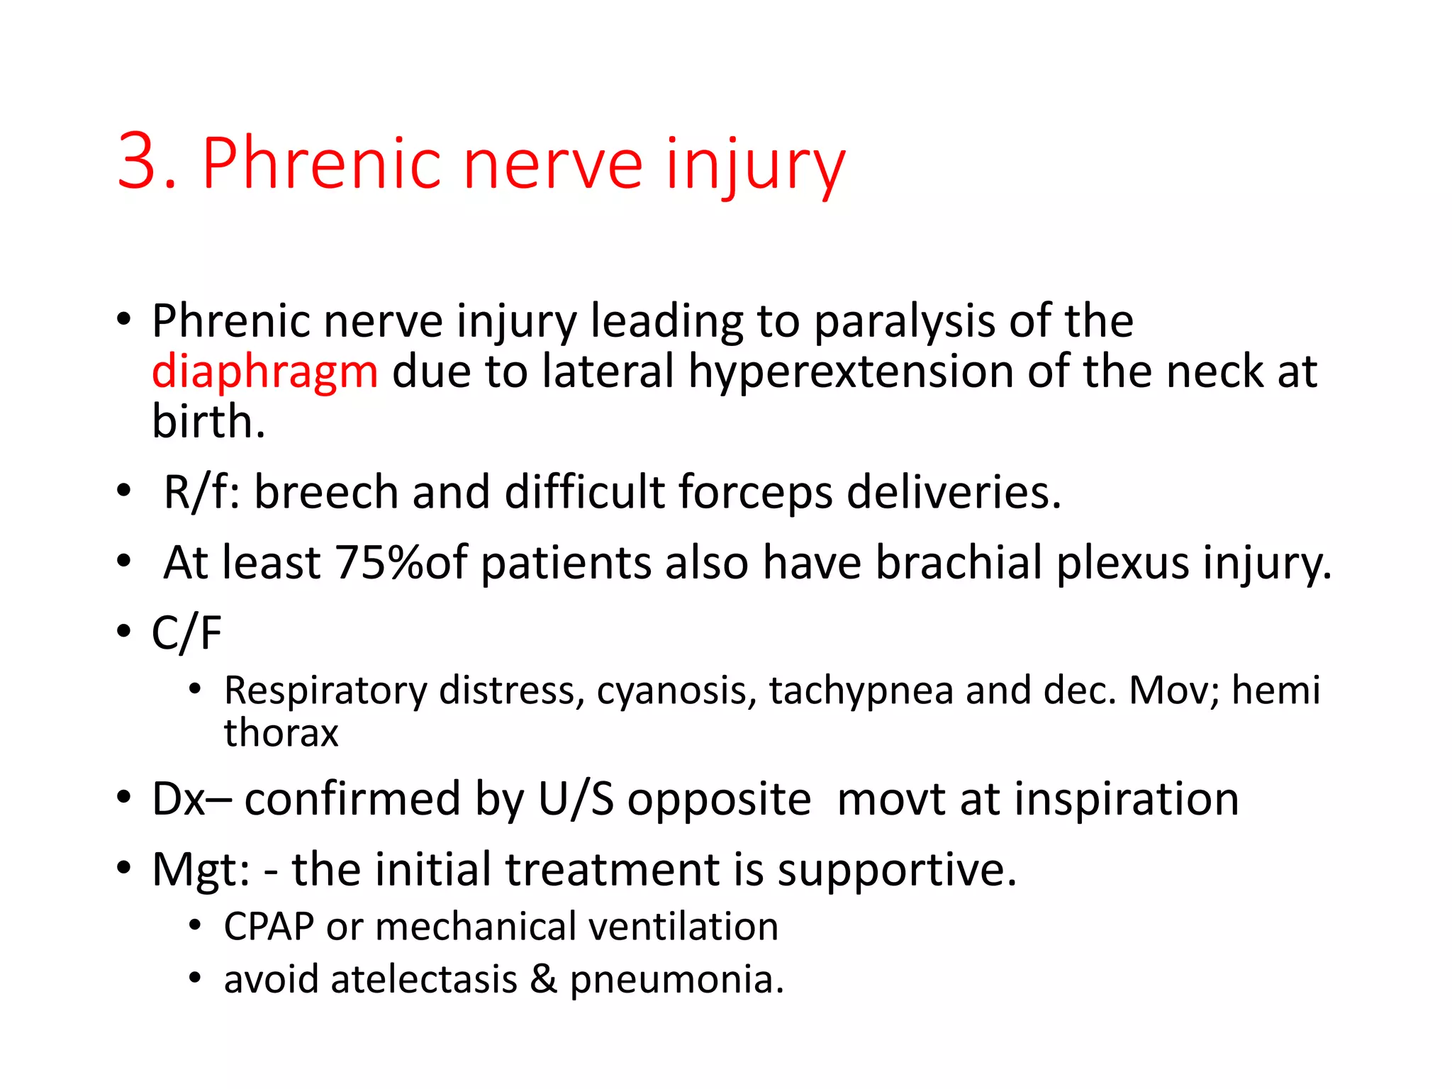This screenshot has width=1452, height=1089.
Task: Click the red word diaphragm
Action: click(x=265, y=372)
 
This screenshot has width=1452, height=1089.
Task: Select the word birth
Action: click(x=208, y=422)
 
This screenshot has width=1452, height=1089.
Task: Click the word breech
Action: click(x=326, y=492)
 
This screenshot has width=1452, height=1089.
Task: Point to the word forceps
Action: click(x=755, y=492)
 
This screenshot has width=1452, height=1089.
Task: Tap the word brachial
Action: click(x=959, y=563)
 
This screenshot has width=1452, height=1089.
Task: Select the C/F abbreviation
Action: click(x=186, y=632)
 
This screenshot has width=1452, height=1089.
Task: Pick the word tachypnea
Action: click(x=861, y=691)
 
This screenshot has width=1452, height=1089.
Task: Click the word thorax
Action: click(x=281, y=733)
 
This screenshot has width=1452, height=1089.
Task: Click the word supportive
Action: click(x=896, y=870)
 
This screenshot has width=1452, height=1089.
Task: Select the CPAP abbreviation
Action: click(x=269, y=927)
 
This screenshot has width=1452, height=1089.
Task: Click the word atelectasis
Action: click(x=424, y=980)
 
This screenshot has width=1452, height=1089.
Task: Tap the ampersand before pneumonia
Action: click(x=543, y=980)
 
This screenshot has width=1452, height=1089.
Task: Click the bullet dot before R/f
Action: click(x=125, y=491)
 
